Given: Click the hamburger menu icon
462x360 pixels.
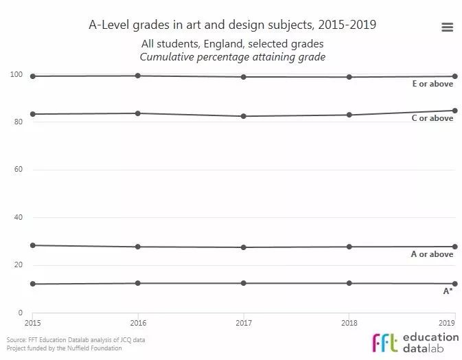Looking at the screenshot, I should [x=447, y=27].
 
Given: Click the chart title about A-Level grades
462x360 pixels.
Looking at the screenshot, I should [x=232, y=25].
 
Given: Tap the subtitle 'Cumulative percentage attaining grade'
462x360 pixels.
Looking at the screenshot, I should [x=232, y=57].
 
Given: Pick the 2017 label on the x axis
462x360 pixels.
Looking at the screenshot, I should [x=244, y=322].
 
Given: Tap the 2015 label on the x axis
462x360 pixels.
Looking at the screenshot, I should [x=32, y=322].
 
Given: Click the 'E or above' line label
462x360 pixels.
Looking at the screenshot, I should [x=432, y=85].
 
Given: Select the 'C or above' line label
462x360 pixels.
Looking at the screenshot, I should [x=432, y=118].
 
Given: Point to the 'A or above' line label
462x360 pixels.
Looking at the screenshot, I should [x=432, y=254].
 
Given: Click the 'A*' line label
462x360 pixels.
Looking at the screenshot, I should [x=448, y=291].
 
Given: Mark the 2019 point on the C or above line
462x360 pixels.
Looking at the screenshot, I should [x=454, y=111].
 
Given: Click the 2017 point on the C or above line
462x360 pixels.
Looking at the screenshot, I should [x=244, y=116].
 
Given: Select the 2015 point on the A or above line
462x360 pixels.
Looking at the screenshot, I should [x=32, y=245].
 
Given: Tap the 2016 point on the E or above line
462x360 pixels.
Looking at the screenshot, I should [x=138, y=76].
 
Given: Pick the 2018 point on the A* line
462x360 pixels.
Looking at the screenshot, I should [x=349, y=283].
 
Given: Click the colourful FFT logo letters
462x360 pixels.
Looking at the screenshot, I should [x=385, y=342].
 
